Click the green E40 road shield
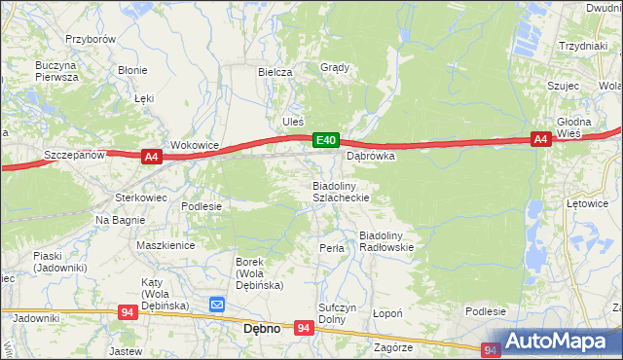326,141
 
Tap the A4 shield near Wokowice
150,156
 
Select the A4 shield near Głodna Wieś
541,140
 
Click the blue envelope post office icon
217,306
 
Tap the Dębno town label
261,329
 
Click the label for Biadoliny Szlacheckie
340,191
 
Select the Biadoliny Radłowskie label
387,241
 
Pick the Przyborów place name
91,39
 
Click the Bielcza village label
275,72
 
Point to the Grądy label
334,68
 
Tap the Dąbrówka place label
371,156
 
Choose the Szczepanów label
74,155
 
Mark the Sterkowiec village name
142,198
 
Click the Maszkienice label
165,246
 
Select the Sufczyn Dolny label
333,312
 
